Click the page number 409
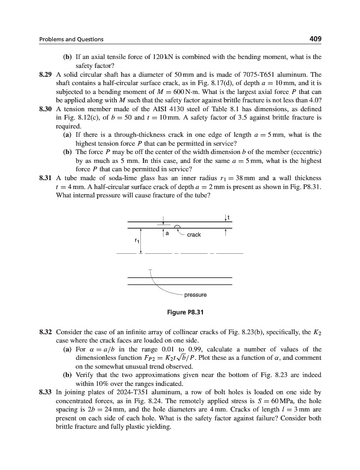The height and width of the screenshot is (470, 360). tap(315, 39)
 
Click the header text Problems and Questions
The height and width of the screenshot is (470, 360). tap(71, 39)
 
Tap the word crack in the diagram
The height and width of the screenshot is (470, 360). tap(194, 234)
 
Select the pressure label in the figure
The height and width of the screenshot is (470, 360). tap(195, 295)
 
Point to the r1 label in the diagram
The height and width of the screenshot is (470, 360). tap(137, 241)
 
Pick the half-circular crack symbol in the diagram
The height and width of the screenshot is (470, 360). tap(178, 227)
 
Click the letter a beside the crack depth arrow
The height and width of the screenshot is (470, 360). tap(167, 233)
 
